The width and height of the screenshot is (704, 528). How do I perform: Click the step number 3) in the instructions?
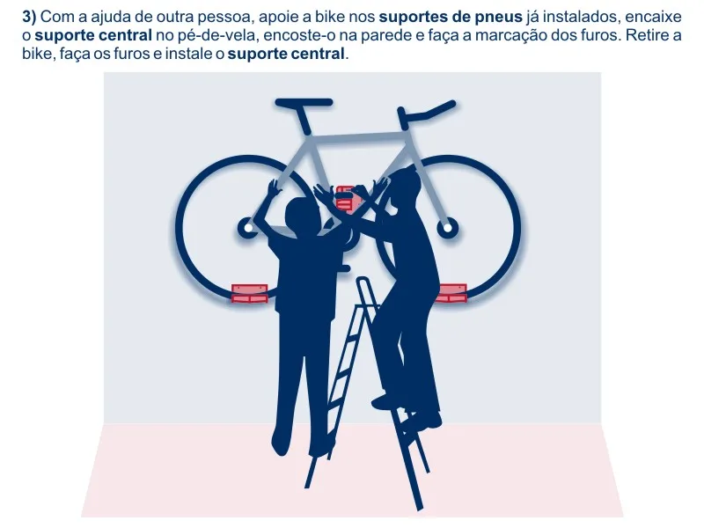coord(29,17)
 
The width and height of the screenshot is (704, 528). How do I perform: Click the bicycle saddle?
coord(304,103)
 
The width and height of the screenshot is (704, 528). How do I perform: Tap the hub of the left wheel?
coord(248,228)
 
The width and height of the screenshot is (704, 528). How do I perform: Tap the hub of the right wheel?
coord(448,228)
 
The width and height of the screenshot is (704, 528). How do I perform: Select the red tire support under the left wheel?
coord(250,294)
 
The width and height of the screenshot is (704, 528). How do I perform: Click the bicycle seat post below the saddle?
coord(303,120)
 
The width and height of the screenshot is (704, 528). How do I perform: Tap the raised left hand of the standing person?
coord(273,187)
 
